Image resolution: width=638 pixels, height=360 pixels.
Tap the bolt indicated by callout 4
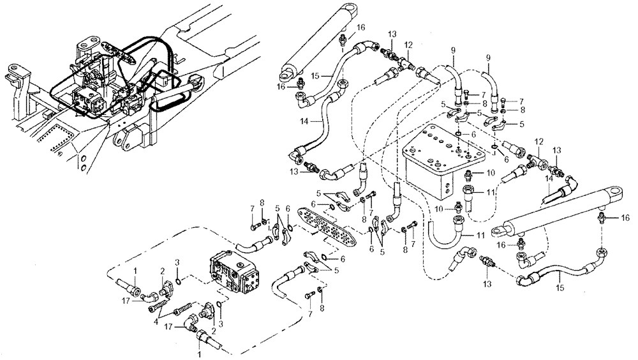tap(156, 308)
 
